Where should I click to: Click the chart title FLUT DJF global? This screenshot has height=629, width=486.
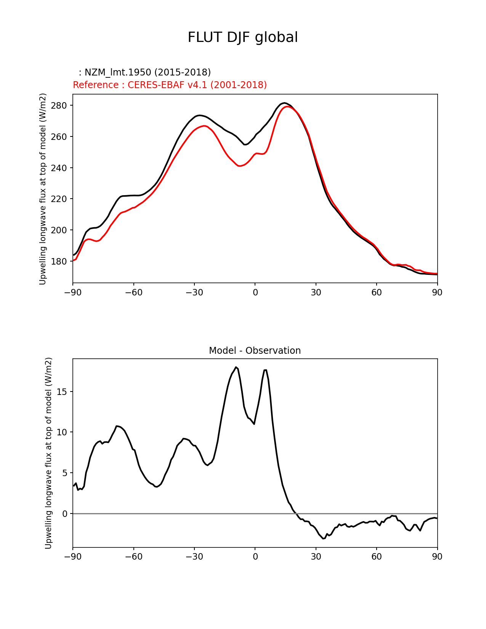243,37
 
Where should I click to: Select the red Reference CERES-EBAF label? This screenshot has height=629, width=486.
170,85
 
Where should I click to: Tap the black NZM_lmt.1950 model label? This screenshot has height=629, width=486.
145,72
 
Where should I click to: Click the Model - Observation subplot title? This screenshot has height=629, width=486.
255,351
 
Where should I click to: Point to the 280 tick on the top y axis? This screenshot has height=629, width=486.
60,106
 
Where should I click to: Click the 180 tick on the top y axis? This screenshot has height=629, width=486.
60,262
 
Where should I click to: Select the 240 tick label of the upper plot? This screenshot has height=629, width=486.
60,168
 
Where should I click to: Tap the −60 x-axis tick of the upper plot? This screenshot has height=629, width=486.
133,292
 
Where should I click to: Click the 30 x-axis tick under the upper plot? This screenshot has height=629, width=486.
316,292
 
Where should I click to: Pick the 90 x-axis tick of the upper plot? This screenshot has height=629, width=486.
437,292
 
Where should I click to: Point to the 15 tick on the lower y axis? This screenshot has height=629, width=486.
63,392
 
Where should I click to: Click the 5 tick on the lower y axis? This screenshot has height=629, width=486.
65,473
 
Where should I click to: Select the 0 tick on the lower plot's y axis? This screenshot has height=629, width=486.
65,514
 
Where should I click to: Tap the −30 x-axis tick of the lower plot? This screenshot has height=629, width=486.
194,557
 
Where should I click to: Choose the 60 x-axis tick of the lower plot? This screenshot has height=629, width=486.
377,557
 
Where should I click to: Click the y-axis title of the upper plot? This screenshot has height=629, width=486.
43,189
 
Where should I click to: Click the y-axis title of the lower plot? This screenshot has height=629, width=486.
48,453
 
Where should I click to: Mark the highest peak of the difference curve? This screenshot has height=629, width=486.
236,367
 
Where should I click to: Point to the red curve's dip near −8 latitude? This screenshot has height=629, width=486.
239,166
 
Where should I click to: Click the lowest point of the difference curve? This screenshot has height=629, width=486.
323,539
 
